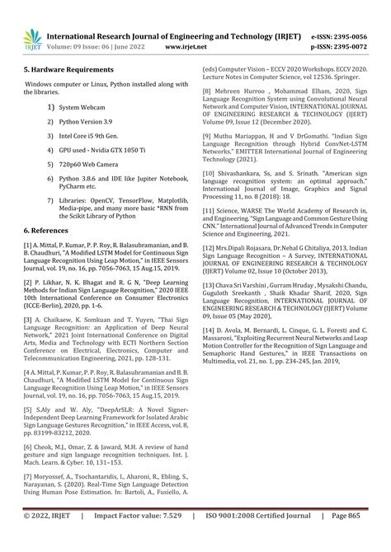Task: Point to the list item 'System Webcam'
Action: [x=81, y=108]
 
